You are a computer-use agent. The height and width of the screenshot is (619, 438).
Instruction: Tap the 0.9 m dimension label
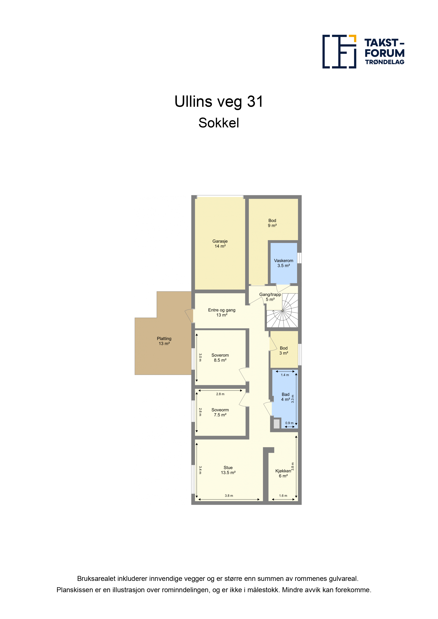[289, 423]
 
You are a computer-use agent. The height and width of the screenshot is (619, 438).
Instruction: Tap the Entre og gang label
[222, 310]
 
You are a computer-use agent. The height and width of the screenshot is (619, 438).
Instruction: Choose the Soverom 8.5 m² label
[220, 357]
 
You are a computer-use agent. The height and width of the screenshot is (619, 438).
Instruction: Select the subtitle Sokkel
[219, 123]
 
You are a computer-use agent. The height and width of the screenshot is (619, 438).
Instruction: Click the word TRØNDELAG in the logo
[385, 62]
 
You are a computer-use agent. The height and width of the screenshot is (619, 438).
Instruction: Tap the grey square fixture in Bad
[277, 424]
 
